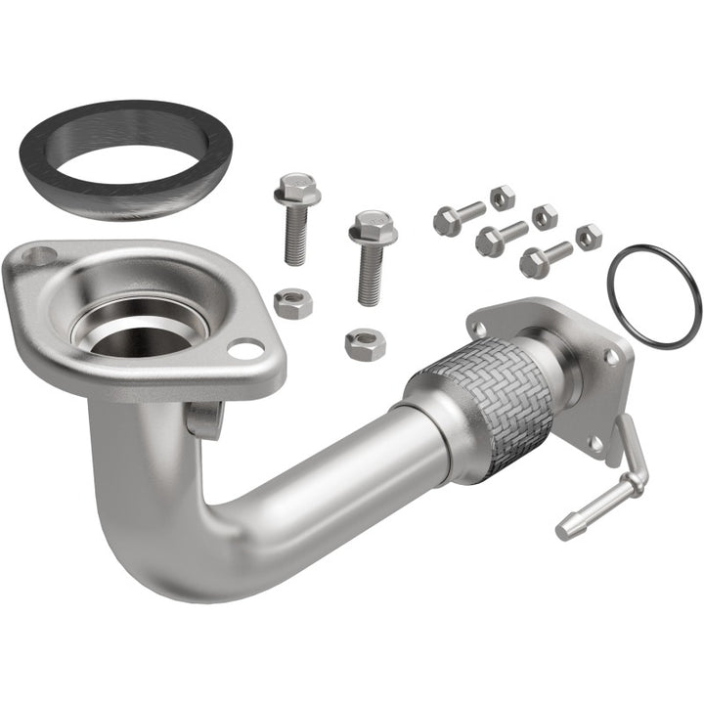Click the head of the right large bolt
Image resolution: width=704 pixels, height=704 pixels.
click(372, 228)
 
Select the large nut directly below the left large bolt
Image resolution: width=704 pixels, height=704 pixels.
click(292, 302)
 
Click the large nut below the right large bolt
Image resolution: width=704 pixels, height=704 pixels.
click(365, 343)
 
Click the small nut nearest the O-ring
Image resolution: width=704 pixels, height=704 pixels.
click(589, 237)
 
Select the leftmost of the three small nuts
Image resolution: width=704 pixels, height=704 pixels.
click(503, 198)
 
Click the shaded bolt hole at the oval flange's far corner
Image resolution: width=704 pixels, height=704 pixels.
click(40, 257)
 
